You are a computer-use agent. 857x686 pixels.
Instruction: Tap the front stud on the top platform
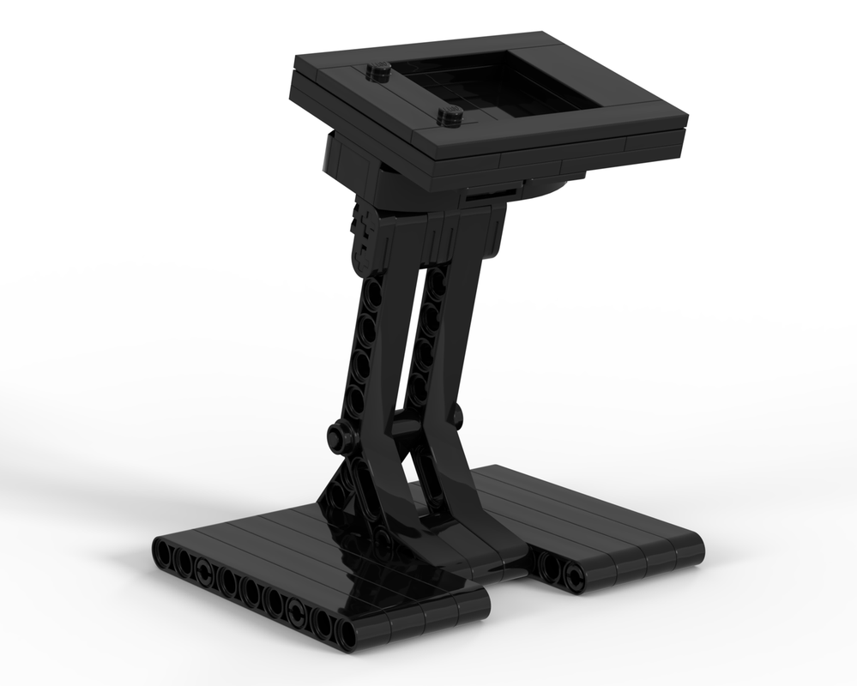[450, 113]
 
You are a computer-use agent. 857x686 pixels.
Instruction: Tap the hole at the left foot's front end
[345, 632]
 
